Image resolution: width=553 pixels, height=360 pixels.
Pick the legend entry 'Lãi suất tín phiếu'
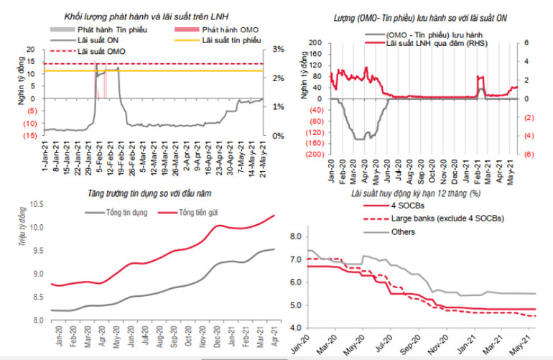click(x=233, y=42)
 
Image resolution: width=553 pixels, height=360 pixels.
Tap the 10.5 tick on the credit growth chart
click(x=36, y=206)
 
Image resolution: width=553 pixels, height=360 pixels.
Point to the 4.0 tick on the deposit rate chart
click(x=294, y=328)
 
